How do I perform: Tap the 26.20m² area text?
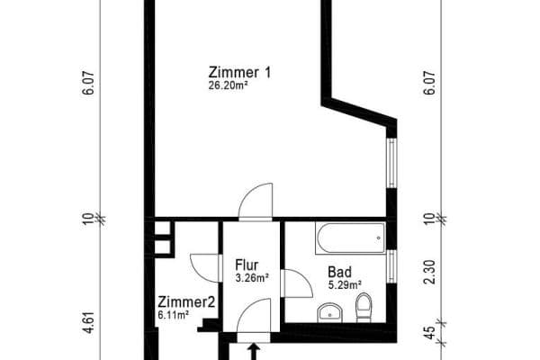(x=229, y=86)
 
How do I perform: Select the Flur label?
(x=247, y=265)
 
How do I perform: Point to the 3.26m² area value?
(x=252, y=278)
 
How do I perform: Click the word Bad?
(x=339, y=271)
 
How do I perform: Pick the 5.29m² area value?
(x=345, y=284)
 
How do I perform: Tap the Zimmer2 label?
(x=185, y=302)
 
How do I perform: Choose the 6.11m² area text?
(x=173, y=315)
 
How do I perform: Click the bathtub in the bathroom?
(x=350, y=239)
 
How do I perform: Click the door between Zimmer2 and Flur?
(x=205, y=266)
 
